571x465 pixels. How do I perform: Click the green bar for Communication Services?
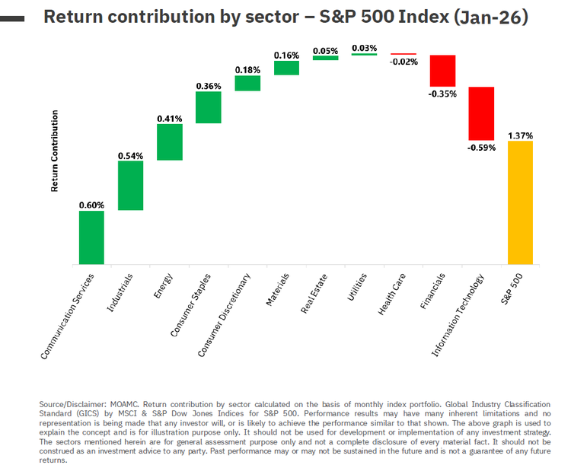tap(91, 237)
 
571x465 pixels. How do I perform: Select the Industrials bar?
tap(130, 185)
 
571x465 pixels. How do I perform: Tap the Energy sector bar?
tap(170, 142)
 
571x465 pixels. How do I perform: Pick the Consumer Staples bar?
tap(209, 107)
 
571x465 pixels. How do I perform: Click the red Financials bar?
tap(442, 70)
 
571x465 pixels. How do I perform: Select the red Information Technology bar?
tap(481, 113)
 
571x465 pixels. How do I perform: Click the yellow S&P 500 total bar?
tap(520, 202)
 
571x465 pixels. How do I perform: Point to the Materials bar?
tap(286, 68)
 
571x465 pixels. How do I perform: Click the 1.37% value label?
tap(521, 135)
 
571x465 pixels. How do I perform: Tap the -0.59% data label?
tap(481, 148)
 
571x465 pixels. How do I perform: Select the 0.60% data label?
tap(91, 205)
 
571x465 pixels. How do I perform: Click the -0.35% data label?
tap(442, 94)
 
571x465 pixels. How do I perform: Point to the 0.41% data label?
tap(170, 118)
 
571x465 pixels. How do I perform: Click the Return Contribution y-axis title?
tap(55, 151)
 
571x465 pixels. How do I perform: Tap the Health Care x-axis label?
tap(392, 296)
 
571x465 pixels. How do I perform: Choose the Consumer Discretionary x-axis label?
tap(222, 314)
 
